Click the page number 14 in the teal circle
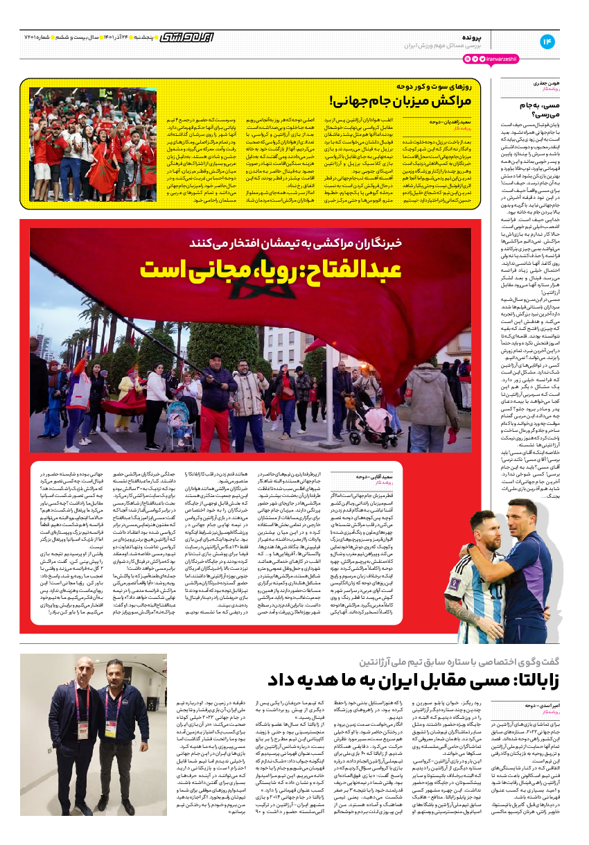[x=547, y=42]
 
